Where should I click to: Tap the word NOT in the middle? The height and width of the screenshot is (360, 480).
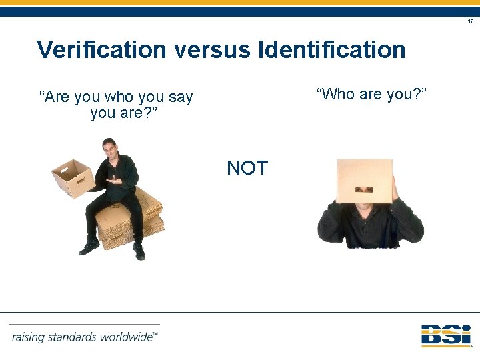tap(247, 168)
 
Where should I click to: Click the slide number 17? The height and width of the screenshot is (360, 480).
tap(470, 22)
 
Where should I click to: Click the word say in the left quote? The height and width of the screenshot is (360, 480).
tap(180, 97)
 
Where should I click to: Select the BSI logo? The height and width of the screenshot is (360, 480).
tap(446, 335)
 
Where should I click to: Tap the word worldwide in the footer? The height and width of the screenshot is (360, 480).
tap(127, 337)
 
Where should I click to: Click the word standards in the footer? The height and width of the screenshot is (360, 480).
tap(73, 337)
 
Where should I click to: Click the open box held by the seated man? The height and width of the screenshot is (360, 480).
tap(73, 177)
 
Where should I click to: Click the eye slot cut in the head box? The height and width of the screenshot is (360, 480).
tap(364, 189)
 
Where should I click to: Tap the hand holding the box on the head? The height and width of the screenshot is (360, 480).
tap(395, 187)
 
